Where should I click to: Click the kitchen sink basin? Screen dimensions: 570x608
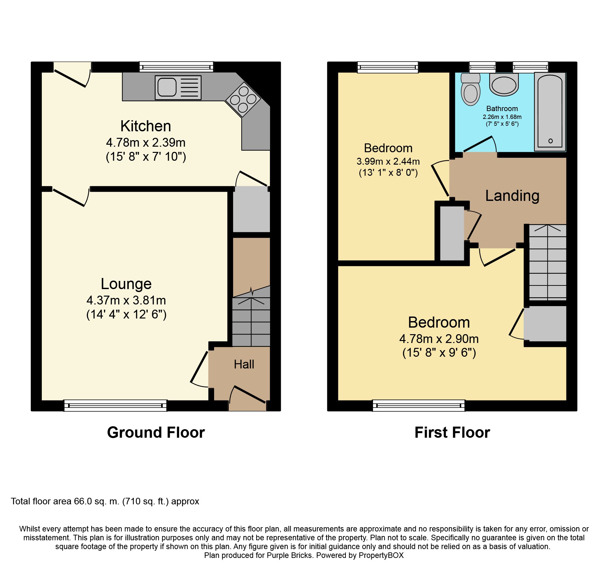(x=167, y=88)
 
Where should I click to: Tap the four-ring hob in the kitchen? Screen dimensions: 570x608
(x=243, y=99)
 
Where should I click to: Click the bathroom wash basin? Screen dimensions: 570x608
(x=504, y=85)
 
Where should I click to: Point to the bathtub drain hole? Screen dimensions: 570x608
(x=550, y=141)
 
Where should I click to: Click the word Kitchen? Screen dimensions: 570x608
(x=145, y=126)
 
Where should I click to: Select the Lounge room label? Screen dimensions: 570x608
(x=126, y=284)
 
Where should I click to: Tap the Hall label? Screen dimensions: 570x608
(x=244, y=365)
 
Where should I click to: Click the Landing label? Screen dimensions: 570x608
(x=512, y=196)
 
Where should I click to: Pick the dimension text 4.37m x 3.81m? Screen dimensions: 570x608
(x=126, y=300)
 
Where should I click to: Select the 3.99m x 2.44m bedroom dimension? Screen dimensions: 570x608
(x=388, y=161)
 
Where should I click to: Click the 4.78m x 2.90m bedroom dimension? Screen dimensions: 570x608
(x=439, y=339)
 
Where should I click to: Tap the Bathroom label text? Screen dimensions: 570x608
(x=502, y=109)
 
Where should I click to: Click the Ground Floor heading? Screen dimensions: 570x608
(x=156, y=432)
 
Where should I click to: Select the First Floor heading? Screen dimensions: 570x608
(x=452, y=432)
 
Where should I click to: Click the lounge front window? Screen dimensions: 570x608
(x=115, y=405)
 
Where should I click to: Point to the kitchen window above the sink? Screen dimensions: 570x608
(x=176, y=67)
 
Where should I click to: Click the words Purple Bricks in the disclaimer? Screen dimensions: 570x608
(x=289, y=555)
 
